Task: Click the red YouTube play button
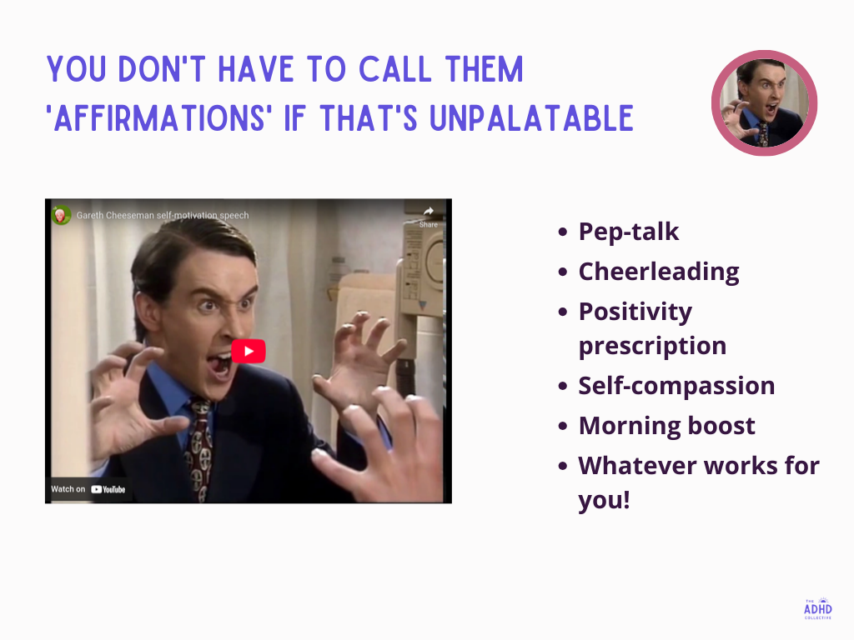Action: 249,351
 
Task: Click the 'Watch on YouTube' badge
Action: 88,489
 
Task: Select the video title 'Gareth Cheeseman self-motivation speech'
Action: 163,215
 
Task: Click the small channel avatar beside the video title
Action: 61,215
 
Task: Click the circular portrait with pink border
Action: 764,103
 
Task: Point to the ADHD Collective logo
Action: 817,608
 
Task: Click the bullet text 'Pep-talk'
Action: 629,232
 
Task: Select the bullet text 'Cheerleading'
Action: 659,272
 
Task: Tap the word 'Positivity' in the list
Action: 635,312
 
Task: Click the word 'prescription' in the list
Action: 652,345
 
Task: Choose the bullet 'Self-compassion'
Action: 676,386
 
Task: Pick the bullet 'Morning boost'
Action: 667,426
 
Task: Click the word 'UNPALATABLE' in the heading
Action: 531,120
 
